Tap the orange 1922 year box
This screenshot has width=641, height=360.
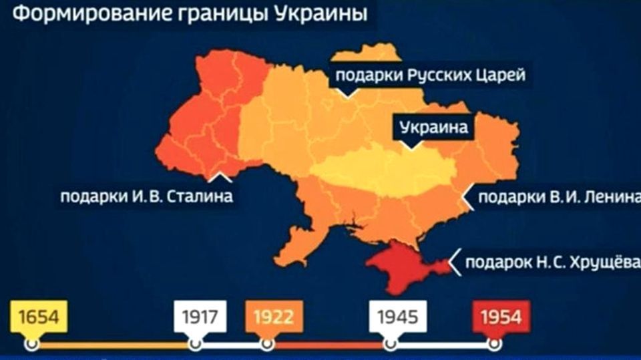click(272, 316)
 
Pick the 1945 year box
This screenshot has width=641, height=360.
click(397, 316)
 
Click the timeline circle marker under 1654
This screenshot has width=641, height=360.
click(31, 344)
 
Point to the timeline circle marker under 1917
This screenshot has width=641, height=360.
click(195, 344)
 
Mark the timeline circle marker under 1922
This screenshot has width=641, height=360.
click(267, 344)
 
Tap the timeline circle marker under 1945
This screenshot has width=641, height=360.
click(389, 344)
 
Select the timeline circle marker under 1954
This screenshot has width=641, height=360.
click(495, 344)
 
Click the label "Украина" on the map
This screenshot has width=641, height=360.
click(434, 127)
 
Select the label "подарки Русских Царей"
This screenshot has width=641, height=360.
click(430, 75)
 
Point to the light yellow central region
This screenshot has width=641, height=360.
click(381, 170)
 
